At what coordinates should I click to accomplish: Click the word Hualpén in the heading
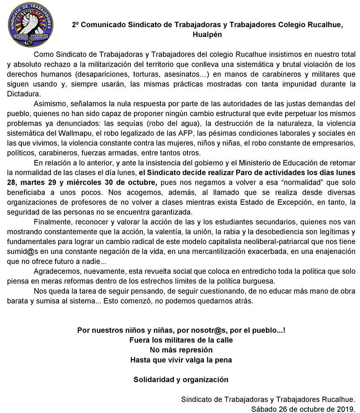pos(207,34)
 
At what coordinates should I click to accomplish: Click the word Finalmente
pos(53,222)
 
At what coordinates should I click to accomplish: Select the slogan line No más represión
pos(181,350)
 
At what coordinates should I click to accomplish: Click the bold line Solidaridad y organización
pos(181,379)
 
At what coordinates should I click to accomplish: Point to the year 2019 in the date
pos(345,409)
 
